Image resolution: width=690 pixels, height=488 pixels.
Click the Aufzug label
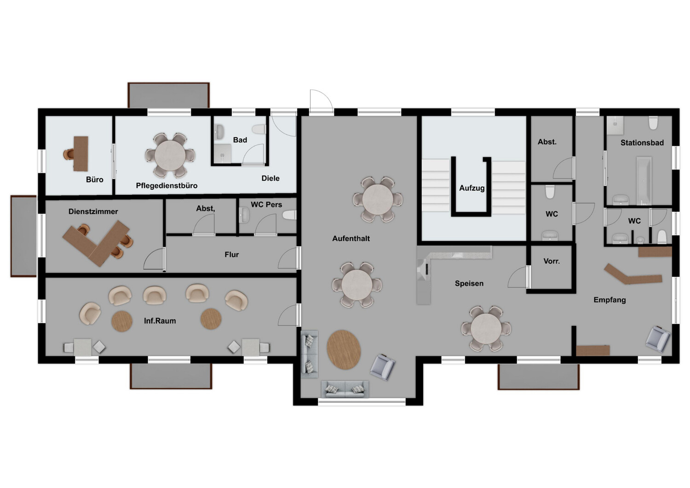(x=471, y=188)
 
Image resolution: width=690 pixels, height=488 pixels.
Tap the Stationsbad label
(x=642, y=143)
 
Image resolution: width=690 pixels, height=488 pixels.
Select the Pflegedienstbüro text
(x=167, y=186)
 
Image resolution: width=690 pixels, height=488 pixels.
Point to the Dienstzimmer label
(x=93, y=211)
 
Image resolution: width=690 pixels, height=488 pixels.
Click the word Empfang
(x=609, y=300)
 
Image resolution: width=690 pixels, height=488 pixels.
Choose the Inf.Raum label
(x=160, y=321)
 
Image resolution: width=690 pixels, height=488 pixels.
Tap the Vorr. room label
(x=552, y=261)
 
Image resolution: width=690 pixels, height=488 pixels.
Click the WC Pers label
(x=266, y=204)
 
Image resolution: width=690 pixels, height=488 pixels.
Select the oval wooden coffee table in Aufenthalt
(x=344, y=349)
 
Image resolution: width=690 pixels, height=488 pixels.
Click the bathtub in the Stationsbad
(x=643, y=180)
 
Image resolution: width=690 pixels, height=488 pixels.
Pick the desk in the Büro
(x=81, y=153)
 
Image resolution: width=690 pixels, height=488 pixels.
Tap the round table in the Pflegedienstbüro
(x=170, y=156)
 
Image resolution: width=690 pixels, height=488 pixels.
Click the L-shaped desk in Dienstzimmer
(x=97, y=243)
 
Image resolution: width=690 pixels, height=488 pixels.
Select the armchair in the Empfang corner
(x=658, y=338)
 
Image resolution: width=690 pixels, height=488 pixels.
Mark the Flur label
(x=231, y=255)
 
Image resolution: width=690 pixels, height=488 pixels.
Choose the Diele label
(x=270, y=178)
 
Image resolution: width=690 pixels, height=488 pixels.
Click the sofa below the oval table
(x=345, y=389)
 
